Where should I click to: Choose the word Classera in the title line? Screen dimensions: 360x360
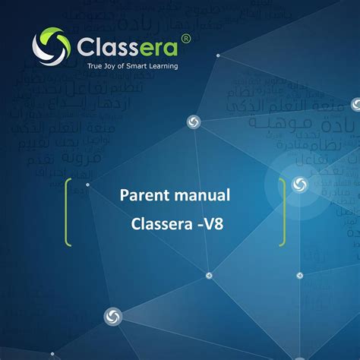click(x=163, y=225)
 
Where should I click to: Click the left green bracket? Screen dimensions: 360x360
click(x=68, y=212)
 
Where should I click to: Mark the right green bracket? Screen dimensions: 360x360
click(x=283, y=212)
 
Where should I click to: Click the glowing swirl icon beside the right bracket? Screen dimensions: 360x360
click(x=298, y=184)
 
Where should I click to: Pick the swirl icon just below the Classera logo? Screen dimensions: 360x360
click(x=194, y=122)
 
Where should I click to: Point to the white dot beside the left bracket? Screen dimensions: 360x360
click(x=88, y=185)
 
